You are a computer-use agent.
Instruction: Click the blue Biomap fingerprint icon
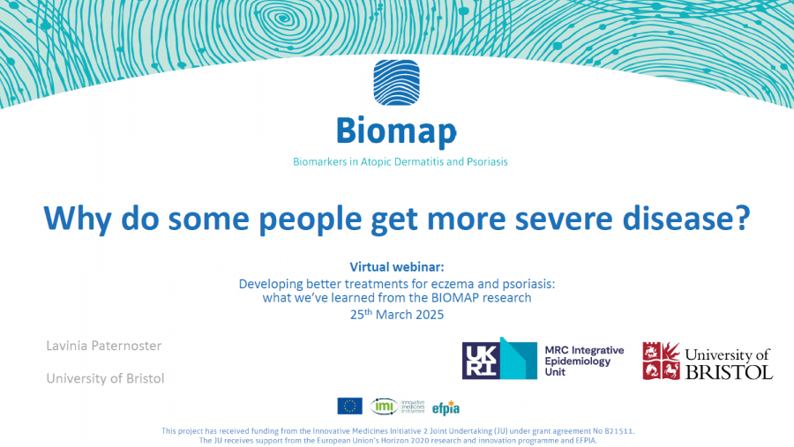396,83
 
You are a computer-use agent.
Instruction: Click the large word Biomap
396,131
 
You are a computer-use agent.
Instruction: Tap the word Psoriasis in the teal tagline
487,162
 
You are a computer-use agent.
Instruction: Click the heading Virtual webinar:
397,267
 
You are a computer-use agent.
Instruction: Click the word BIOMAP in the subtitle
454,298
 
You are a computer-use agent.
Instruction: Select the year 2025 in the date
430,315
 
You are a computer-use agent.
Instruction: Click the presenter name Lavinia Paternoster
104,346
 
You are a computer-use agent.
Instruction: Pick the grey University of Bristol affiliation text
105,378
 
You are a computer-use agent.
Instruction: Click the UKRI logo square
481,361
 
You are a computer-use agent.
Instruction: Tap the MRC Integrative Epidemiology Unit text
584,361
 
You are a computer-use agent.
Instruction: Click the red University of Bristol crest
662,361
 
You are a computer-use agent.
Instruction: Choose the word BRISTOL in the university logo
730,372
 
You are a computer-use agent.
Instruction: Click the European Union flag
350,406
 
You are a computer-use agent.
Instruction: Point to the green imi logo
385,406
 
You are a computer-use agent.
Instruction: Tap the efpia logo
446,407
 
